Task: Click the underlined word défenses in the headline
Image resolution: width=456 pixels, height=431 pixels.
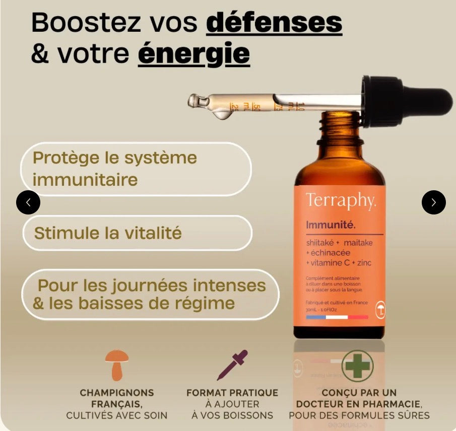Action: tap(275, 23)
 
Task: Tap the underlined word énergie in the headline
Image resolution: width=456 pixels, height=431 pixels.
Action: tap(193, 53)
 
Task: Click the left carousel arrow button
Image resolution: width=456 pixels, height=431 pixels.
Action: tap(28, 202)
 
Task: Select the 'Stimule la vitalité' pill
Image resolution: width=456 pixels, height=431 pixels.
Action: tap(137, 233)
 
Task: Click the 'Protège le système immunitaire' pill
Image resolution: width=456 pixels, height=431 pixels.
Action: tap(136, 169)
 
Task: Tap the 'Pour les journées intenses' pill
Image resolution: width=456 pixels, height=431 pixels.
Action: tap(150, 294)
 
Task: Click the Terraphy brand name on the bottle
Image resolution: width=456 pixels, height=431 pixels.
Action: tap(340, 200)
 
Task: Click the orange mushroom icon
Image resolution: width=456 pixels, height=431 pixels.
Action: tap(116, 364)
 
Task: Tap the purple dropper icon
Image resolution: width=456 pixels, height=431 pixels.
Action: tap(232, 364)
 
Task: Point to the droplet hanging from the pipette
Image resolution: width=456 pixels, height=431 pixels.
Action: tap(221, 115)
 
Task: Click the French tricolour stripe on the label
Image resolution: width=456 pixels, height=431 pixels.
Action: tap(337, 317)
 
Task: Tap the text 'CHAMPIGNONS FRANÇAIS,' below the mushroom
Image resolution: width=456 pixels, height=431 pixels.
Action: tap(116, 398)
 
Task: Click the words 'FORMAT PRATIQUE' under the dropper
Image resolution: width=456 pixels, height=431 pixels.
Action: tap(232, 393)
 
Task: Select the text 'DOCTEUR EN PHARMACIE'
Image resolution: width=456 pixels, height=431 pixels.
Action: tap(358, 404)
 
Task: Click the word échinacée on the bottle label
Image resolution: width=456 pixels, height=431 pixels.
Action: tap(330, 253)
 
